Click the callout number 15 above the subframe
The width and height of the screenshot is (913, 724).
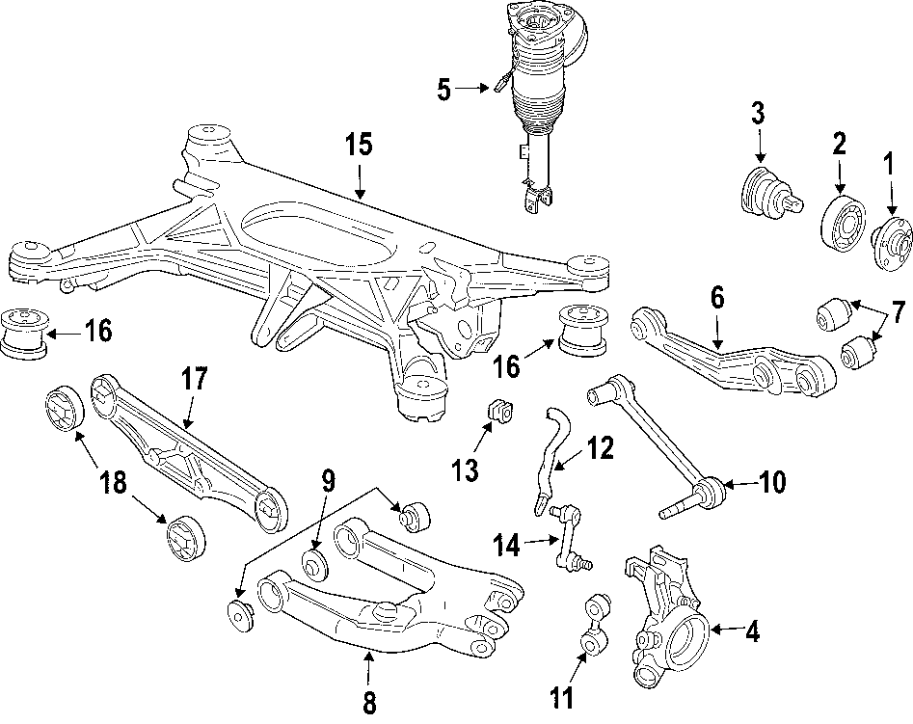click(359, 147)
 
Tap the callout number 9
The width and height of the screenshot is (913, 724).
click(327, 478)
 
